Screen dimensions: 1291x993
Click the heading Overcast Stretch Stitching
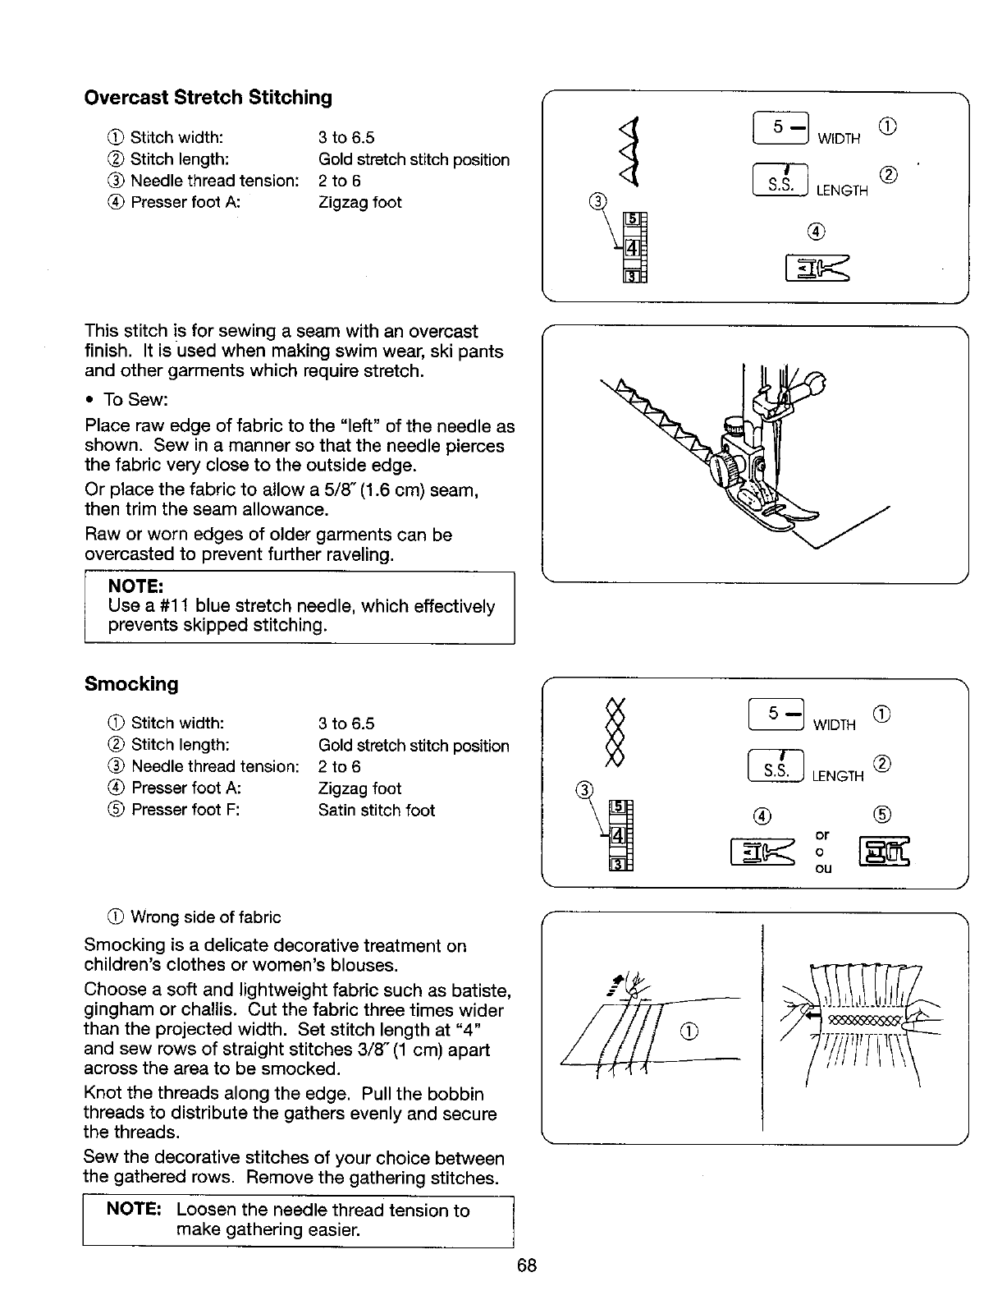pos(208,98)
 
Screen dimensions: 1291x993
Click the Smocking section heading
pos(131,684)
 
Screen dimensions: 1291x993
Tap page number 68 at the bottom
pos(527,1265)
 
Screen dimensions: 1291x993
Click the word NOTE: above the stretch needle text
pos(135,586)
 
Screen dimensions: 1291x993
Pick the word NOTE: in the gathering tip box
pos(132,1211)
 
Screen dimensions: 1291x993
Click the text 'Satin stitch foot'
pos(376,811)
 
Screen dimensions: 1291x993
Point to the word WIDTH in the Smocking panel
pos(834,725)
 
